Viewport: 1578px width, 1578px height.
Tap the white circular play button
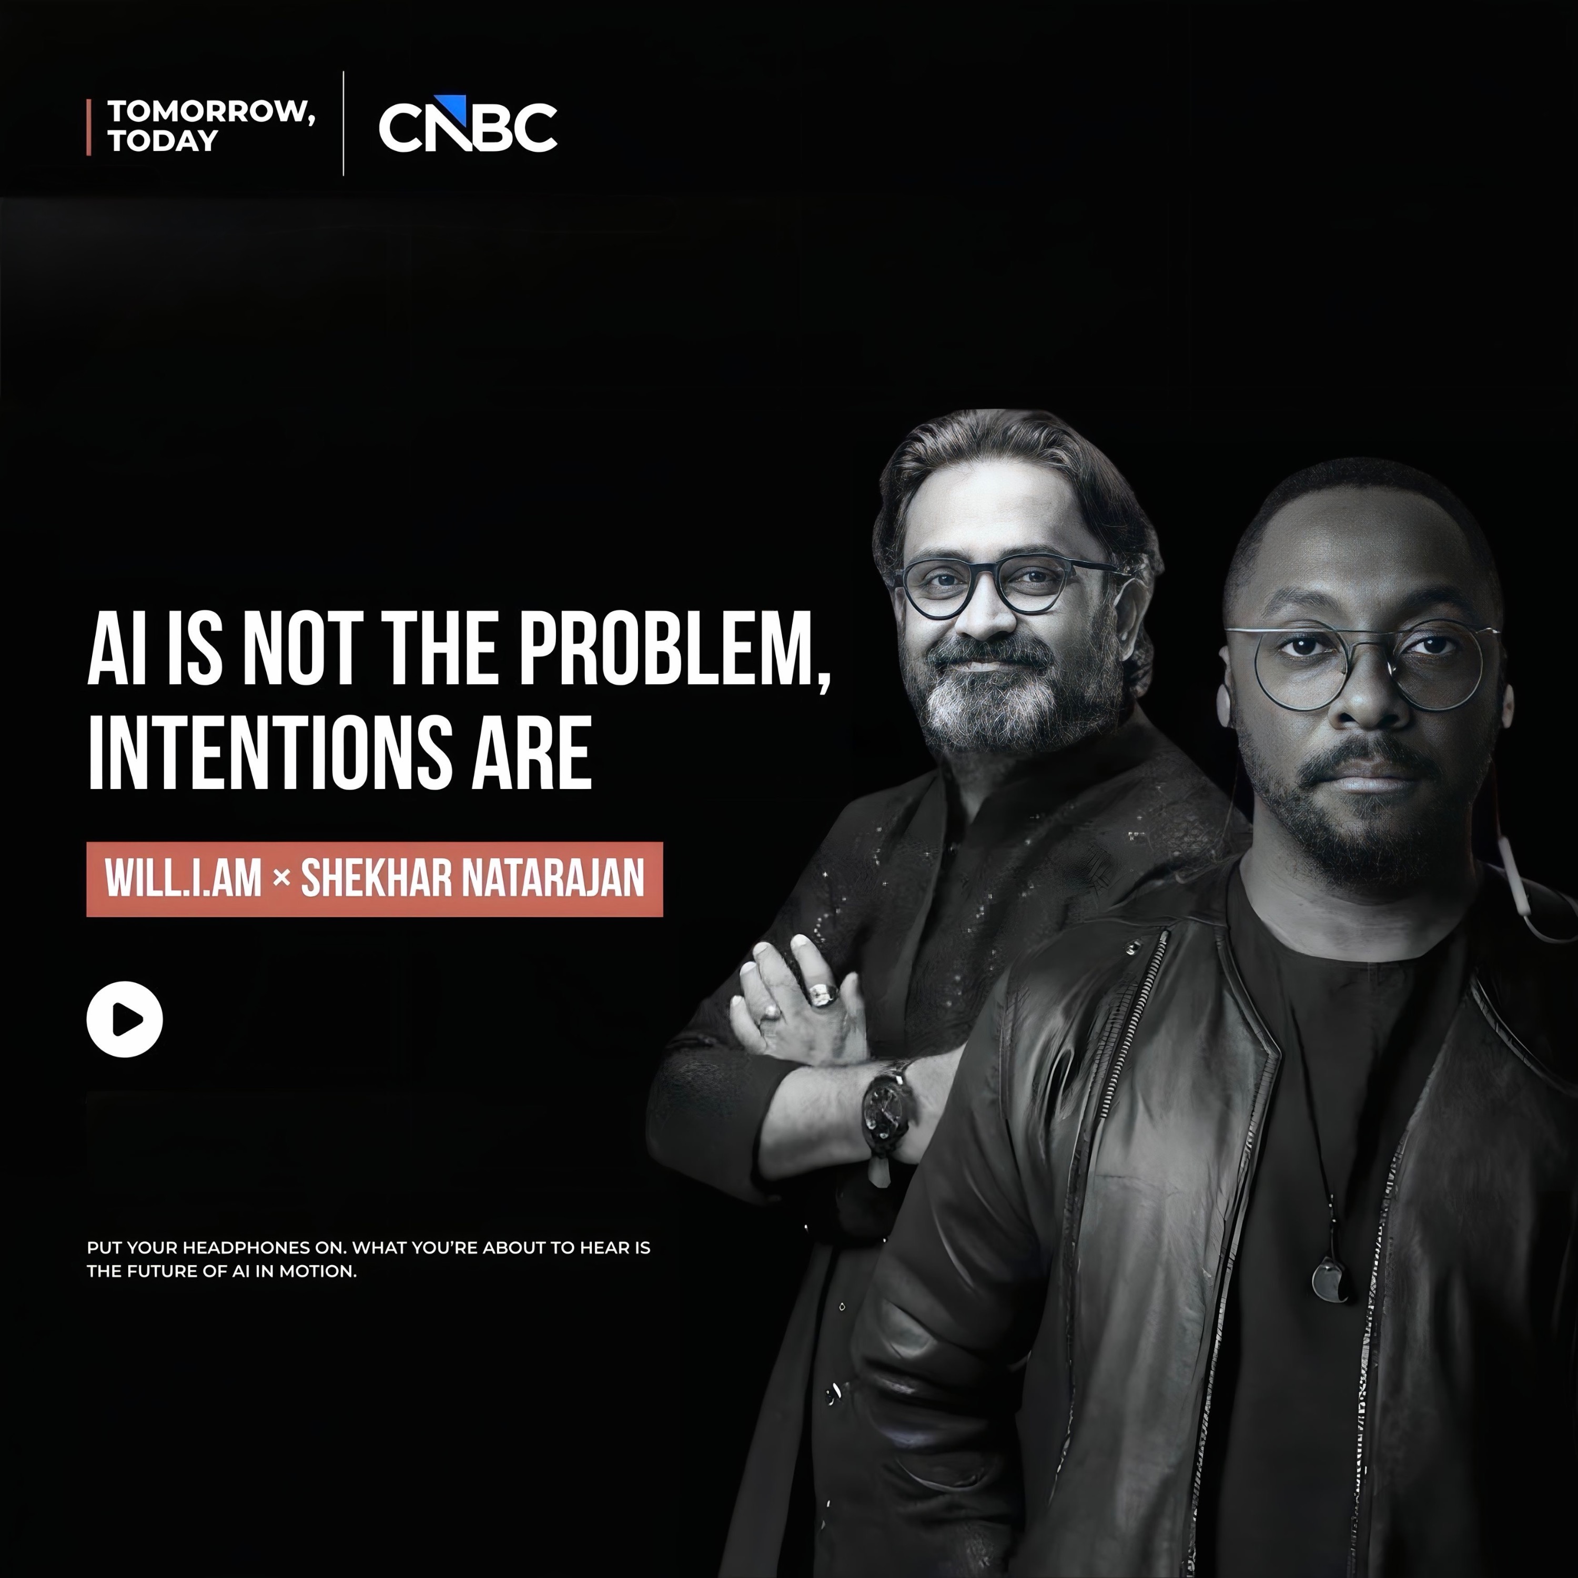pyautogui.click(x=125, y=1019)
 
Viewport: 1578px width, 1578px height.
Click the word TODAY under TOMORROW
pyautogui.click(x=163, y=140)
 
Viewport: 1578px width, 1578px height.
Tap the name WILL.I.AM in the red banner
pyautogui.click(x=183, y=879)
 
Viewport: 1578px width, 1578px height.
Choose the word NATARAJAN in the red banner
pyautogui.click(x=553, y=879)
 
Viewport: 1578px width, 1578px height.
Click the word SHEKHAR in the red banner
pyautogui.click(x=375, y=879)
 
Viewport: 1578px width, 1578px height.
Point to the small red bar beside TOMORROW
pyautogui.click(x=89, y=127)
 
